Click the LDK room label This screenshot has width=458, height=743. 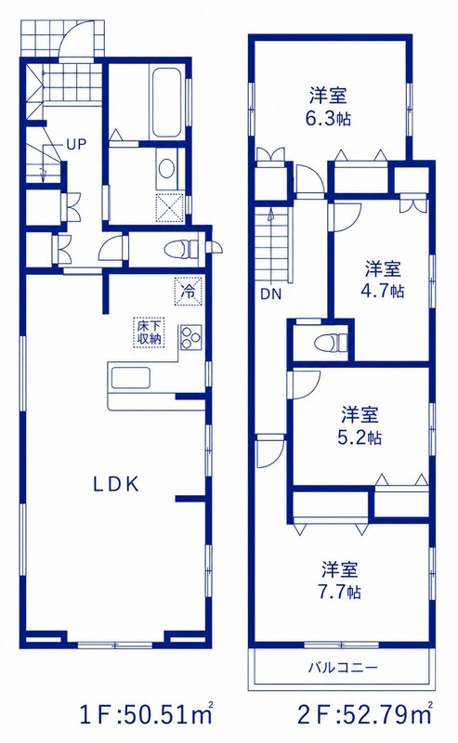(116, 484)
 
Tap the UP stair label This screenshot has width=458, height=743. (76, 145)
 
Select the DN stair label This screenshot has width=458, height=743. (270, 294)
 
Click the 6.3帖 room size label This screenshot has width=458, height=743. (329, 118)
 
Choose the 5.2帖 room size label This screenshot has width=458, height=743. (360, 437)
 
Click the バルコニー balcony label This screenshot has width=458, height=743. (343, 668)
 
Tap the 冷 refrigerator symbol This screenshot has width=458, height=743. (189, 290)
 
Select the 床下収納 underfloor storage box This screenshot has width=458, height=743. (149, 332)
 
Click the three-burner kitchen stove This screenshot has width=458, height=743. (190, 337)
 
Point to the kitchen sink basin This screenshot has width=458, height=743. (130, 379)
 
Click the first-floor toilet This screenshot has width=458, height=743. (182, 249)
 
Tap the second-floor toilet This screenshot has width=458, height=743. (333, 342)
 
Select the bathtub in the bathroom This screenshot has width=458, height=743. (167, 103)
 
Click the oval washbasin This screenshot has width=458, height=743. (166, 168)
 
